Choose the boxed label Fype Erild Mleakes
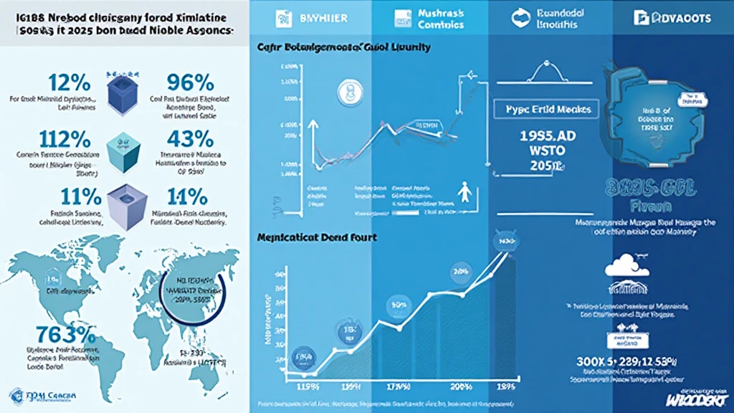point(544,110)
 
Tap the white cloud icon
point(621,267)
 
